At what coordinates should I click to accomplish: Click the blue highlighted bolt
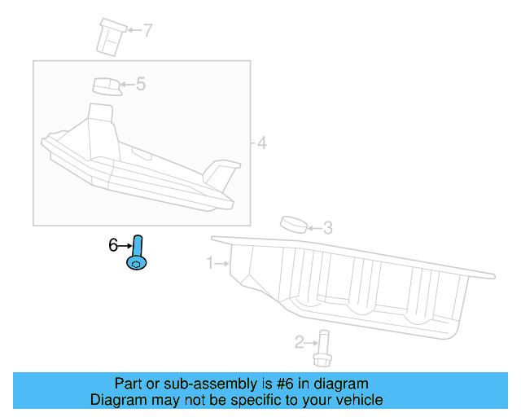(137, 252)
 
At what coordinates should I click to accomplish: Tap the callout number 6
(114, 244)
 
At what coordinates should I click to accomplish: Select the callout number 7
(147, 31)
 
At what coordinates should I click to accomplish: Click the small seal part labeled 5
(105, 86)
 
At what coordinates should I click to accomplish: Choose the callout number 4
(261, 143)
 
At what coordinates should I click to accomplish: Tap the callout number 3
(327, 228)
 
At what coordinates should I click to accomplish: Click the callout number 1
(210, 263)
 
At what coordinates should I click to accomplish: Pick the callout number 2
(299, 342)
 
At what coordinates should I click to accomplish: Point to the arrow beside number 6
(125, 244)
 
